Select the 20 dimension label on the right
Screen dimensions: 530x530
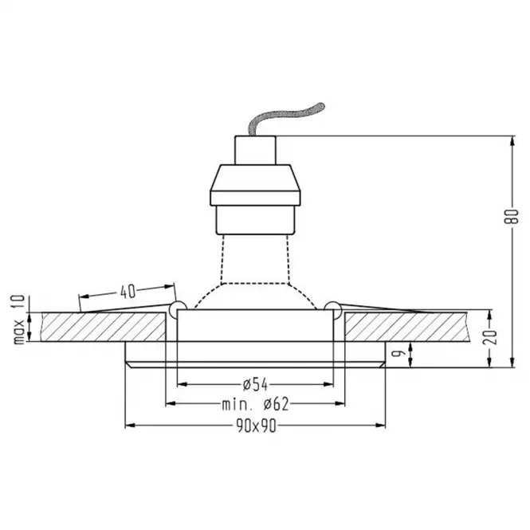pyautogui.click(x=490, y=336)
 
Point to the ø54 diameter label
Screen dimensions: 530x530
pyautogui.click(x=256, y=385)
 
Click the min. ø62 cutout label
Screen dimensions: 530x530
pyautogui.click(x=256, y=404)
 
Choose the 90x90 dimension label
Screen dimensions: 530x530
pyautogui.click(x=256, y=426)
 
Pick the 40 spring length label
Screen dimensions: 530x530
pyautogui.click(x=128, y=292)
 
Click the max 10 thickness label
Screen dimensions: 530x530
pyautogui.click(x=19, y=320)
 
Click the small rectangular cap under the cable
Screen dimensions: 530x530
pyautogui.click(x=255, y=151)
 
